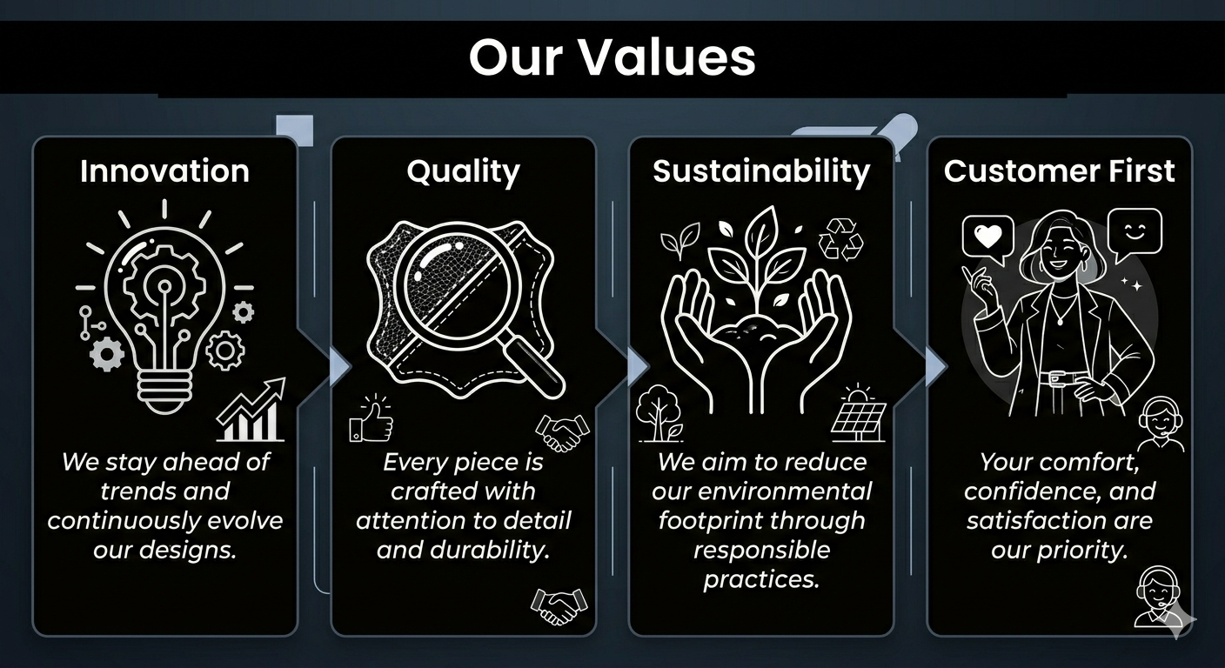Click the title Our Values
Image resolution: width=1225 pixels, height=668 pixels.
612,57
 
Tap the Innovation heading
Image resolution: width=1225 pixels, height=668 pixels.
164,171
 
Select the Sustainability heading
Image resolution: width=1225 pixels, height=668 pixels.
761,171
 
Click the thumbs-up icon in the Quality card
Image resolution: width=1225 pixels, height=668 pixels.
371,418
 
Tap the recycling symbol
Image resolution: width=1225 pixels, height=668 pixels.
840,239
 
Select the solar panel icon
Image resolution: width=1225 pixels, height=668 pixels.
858,414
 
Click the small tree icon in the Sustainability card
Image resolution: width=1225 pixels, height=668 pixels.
659,414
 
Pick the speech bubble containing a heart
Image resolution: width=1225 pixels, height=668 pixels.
987,238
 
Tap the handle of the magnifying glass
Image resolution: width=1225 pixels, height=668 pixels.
533,366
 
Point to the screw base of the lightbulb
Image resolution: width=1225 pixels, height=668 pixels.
164,391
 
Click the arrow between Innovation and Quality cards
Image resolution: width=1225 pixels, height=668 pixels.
340,366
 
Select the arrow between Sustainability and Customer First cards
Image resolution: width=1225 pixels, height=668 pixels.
936,366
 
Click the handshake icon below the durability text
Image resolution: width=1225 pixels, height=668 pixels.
559,606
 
